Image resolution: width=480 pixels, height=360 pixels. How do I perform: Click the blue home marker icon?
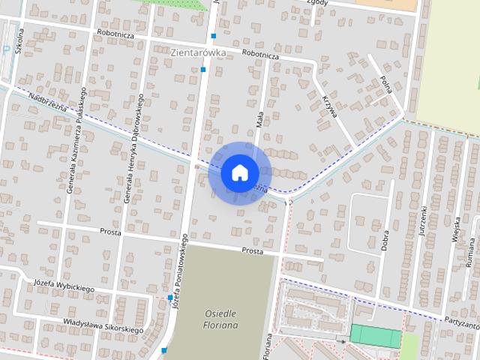click(239, 172)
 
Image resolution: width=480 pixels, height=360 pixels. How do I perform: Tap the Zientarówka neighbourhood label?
click(199, 52)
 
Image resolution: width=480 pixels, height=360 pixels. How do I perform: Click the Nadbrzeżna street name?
click(48, 105)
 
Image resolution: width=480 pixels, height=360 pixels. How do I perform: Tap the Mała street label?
click(259, 116)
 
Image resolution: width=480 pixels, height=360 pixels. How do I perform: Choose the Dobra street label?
click(385, 234)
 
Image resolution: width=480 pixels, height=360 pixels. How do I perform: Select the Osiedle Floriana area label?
click(220, 319)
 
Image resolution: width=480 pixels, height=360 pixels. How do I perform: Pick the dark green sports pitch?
click(376, 335)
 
